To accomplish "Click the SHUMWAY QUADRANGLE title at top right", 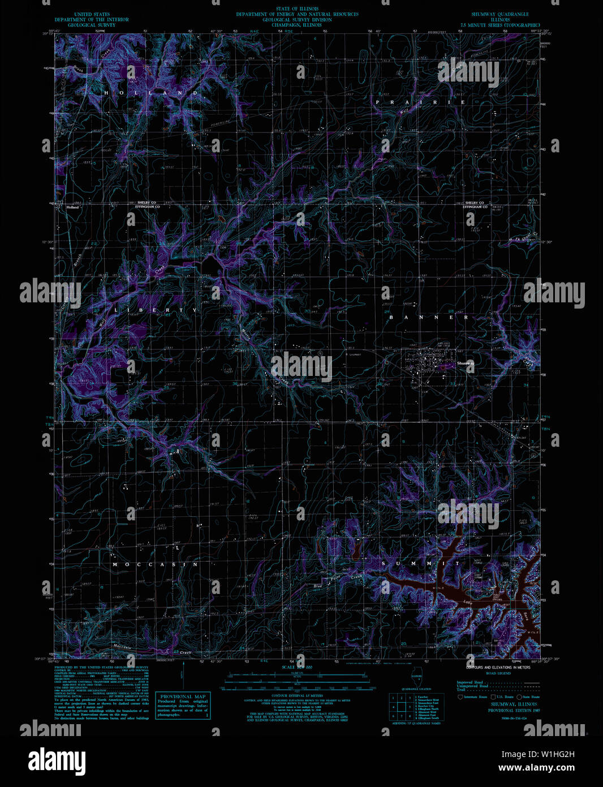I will point(500,14).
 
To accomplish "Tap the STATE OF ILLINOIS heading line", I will point(297,9).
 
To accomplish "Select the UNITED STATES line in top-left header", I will point(92,14).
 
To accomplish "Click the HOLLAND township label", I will point(151,92).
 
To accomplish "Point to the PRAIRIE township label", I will point(420,102).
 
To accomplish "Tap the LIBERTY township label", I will point(157,310).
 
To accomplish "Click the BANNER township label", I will point(429,318).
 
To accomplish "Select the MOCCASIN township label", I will point(155,564).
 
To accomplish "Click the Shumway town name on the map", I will point(464,363).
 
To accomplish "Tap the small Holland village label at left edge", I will point(72,207).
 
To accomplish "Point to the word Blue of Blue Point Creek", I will point(318,586).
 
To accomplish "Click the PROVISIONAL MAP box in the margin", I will point(183,706).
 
